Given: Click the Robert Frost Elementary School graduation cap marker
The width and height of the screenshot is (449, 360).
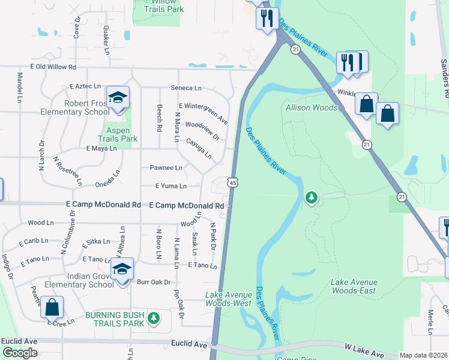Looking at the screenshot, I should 118,98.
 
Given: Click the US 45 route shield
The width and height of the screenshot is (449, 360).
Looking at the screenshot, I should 232,182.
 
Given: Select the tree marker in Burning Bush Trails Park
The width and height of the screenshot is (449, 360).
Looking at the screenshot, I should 154,317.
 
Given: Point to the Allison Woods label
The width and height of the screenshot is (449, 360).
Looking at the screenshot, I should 312,107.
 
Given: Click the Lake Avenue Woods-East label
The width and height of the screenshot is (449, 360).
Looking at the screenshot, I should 354,286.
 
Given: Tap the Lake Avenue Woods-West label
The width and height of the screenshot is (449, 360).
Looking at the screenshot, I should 228,299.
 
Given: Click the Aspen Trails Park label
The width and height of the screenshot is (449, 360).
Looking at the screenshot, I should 118,134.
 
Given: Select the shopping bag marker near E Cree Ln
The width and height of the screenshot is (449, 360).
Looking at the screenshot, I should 52,307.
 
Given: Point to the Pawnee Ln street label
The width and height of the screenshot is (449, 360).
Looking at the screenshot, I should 166,168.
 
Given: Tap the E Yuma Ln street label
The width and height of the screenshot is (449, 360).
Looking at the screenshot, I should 170,186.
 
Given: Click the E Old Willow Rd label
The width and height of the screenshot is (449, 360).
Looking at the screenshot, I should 53,67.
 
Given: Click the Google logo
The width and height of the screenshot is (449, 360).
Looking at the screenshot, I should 20,353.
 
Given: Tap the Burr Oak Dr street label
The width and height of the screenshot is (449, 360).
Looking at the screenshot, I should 154,281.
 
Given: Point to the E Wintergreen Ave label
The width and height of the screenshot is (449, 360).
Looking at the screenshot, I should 203,112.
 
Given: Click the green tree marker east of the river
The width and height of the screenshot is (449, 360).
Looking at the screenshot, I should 311,197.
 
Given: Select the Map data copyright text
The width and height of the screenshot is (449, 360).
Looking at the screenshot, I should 423,355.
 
